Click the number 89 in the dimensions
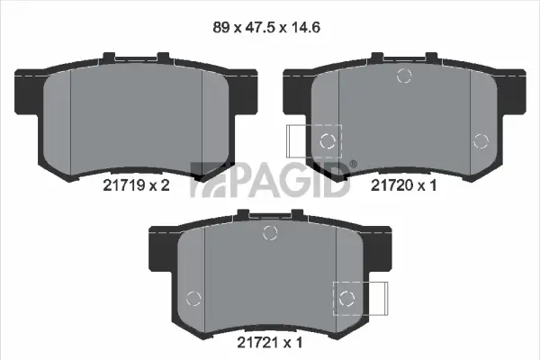coord(221,27)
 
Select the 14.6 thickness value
coord(307,27)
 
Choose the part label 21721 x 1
coord(268,342)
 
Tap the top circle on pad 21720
coord(404,76)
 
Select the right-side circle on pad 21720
coord(481,139)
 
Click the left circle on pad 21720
coord(328,140)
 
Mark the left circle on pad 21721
coord(192,298)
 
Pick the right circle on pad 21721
coord(346,297)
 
